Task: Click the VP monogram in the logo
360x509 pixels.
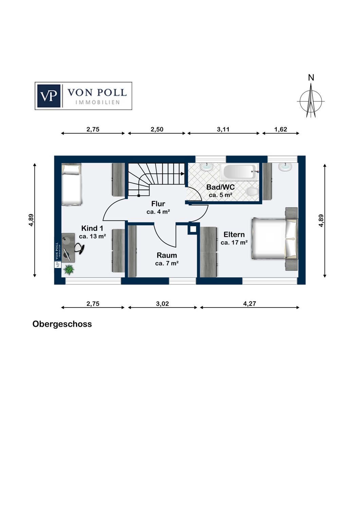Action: click(x=49, y=96)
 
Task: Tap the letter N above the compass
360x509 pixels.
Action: click(x=311, y=78)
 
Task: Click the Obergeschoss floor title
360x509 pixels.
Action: click(x=62, y=324)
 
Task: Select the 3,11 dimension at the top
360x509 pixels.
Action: click(x=223, y=129)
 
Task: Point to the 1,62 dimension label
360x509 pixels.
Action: click(x=281, y=129)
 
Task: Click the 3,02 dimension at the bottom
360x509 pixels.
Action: click(x=162, y=304)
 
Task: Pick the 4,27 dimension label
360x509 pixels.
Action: click(x=249, y=304)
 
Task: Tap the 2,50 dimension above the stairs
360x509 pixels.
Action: click(x=157, y=129)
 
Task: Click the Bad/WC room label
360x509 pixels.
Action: click(x=220, y=187)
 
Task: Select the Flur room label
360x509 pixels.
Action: click(x=158, y=204)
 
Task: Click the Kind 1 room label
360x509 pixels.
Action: click(x=92, y=228)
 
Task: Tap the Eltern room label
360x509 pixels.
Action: click(x=234, y=234)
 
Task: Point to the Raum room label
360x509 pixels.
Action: click(x=167, y=256)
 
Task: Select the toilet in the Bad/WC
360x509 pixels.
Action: click(x=252, y=192)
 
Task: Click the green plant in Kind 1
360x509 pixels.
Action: click(x=69, y=270)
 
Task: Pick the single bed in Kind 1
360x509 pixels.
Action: click(x=71, y=185)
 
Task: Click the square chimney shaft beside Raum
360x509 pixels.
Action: click(x=193, y=229)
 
